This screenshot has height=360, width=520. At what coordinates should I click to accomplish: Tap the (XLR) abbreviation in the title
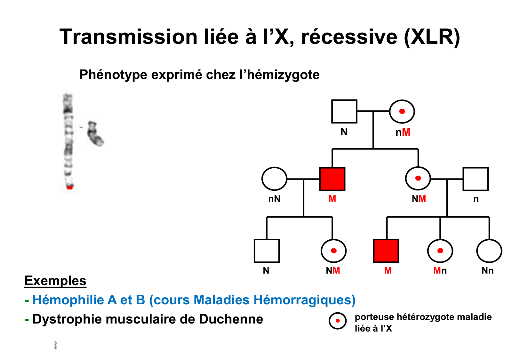(x=432, y=37)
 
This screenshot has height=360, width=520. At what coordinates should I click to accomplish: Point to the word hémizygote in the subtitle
(x=283, y=75)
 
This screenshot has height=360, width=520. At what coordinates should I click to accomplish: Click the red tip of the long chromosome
(x=69, y=187)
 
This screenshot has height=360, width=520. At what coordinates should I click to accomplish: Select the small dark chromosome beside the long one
(x=95, y=134)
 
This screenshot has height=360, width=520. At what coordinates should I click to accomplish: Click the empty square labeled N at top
(x=344, y=111)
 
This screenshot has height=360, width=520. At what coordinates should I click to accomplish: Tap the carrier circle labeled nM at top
(x=402, y=111)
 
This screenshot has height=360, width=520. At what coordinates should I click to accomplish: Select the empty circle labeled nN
(x=274, y=179)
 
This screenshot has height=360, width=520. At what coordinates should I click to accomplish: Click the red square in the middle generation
(x=332, y=179)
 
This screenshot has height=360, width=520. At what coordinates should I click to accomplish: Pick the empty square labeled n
(x=476, y=179)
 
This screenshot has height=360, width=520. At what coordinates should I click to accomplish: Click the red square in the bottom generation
(x=386, y=251)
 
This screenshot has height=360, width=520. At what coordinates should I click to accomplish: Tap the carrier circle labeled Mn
(x=440, y=251)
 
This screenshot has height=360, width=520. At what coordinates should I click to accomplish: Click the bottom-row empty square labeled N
(x=267, y=251)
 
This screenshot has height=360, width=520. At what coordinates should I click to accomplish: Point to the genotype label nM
(x=403, y=132)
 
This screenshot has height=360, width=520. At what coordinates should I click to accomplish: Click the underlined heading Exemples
(x=55, y=281)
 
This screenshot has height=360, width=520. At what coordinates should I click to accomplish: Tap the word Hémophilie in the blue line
(x=68, y=300)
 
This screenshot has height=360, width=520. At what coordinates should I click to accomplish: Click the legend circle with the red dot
(x=338, y=321)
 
